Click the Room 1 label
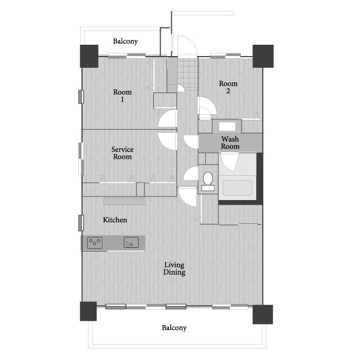pyautogui.click(x=122, y=96)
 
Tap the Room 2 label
pyautogui.click(x=228, y=87)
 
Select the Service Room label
pyautogui.click(x=122, y=153)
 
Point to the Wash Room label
pyautogui.click(x=230, y=142)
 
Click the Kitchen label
pyautogui.click(x=115, y=220)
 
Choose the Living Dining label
pyautogui.click(x=174, y=268)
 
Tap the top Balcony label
pyautogui.click(x=125, y=41)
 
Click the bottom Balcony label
pyautogui.click(x=174, y=328)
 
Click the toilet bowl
pyautogui.click(x=208, y=178)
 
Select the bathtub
pyautogui.click(x=238, y=188)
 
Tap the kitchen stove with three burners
pyautogui.click(x=95, y=243)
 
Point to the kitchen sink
pyautogui.click(x=131, y=242)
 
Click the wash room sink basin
pyautogui.click(x=227, y=127)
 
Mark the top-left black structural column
pyautogui.click(x=89, y=56)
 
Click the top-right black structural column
pyautogui.click(x=263, y=56)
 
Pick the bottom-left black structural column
pyautogui.click(x=88, y=311)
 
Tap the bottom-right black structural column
pyautogui.click(x=263, y=314)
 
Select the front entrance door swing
pyautogui.click(x=187, y=45)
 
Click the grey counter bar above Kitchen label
pyautogui.click(x=124, y=202)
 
